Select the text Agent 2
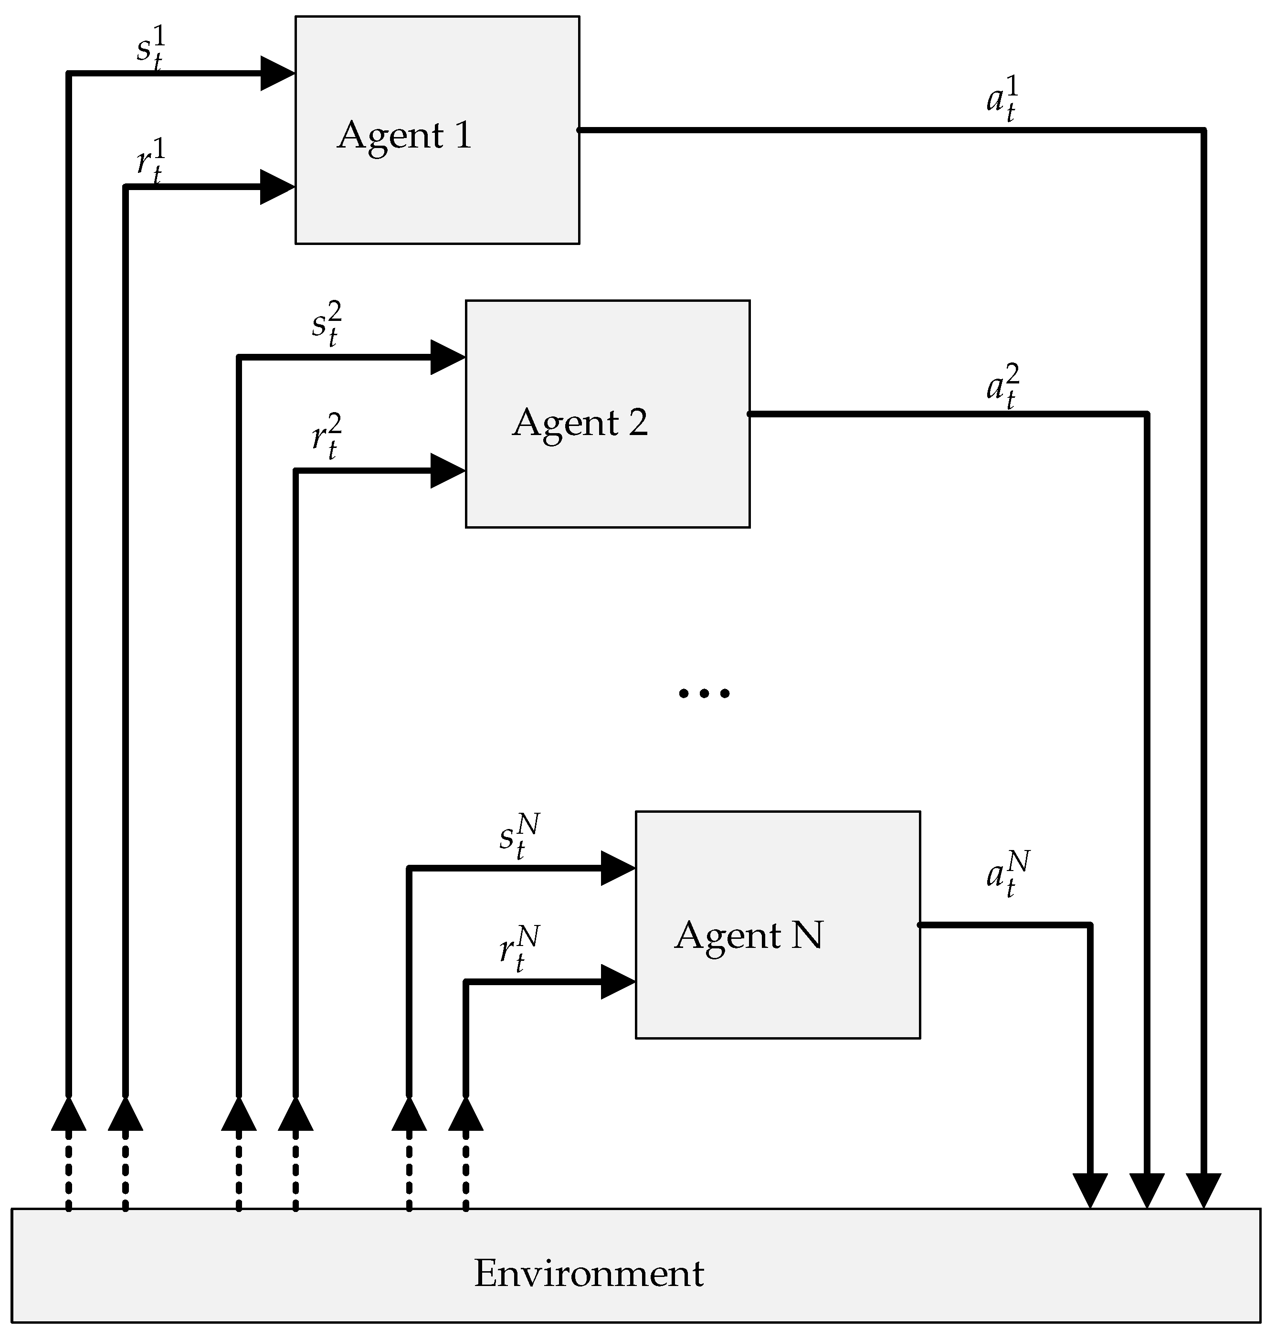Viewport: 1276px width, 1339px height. point(580,423)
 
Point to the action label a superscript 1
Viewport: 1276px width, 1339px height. point(1002,99)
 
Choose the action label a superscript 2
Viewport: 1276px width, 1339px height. point(1002,386)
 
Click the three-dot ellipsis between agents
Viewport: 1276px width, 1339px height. point(704,693)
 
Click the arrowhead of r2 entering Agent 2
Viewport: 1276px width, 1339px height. point(447,471)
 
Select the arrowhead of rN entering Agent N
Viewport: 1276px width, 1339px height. point(617,982)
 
